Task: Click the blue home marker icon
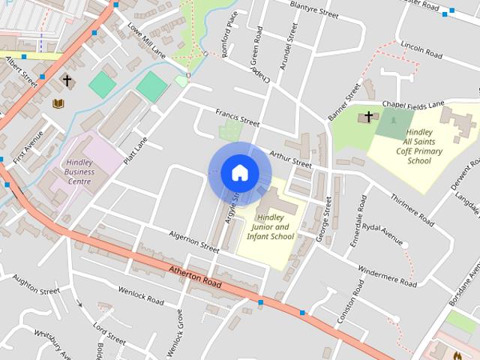click(239, 172)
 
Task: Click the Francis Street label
click(237, 118)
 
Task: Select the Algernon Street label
click(193, 241)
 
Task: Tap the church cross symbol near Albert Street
click(67, 80)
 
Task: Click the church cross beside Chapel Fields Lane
click(368, 117)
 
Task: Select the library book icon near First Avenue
click(58, 103)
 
